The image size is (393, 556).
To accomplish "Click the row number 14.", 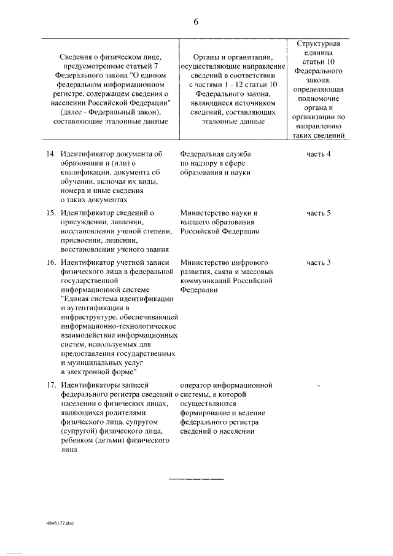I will pos(52,154).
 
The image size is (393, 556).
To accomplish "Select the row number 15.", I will pos(52,213).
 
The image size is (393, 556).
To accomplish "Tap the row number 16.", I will pos(52,263).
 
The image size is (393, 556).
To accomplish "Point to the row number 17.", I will pos(52,385).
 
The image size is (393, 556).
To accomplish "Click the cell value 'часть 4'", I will pos(319,154).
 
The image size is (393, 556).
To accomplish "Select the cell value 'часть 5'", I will pos(319,213).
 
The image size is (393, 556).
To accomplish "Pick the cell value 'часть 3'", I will pos(319,263).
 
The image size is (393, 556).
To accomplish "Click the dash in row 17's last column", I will pos(319,386).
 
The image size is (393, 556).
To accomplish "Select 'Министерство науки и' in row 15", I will pos(219,213).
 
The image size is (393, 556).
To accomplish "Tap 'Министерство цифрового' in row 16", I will pos(226,263).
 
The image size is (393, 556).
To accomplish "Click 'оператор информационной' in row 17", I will pos(226,385).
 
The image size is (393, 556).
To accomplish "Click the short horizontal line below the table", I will pos(196,478).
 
